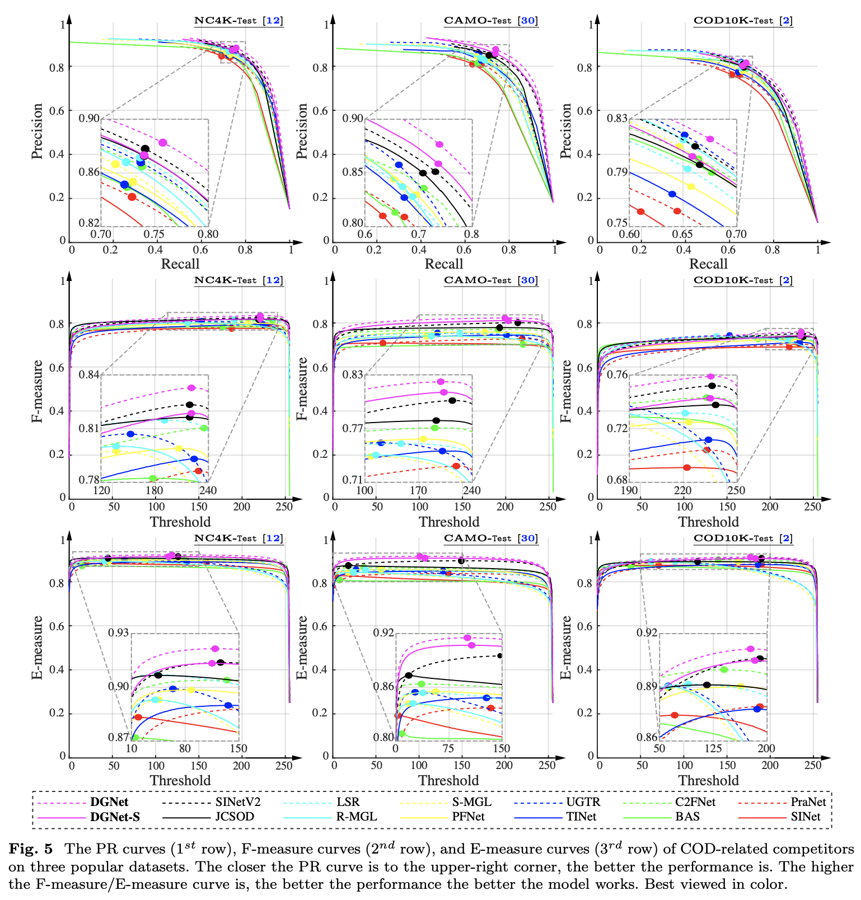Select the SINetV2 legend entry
point(238,801)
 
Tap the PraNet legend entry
point(808,801)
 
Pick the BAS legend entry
point(687,817)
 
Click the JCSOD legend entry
point(235,817)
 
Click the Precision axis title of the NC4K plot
point(38,131)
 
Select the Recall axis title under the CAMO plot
point(444,264)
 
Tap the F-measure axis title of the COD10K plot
point(566,390)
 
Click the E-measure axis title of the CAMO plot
point(302,648)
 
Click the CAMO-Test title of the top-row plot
point(478,21)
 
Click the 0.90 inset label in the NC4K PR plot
point(88,119)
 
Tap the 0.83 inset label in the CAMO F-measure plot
point(353,374)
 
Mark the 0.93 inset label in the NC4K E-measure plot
point(118,632)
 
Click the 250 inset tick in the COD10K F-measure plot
point(736,490)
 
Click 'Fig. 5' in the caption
point(30,849)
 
